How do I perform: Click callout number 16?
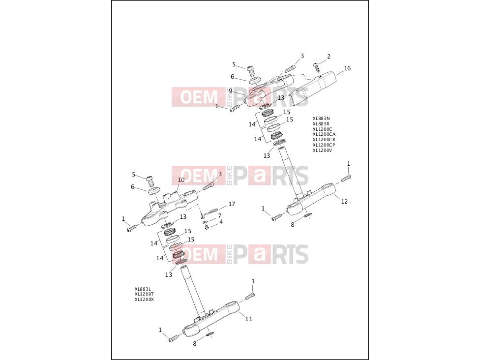point(347,68)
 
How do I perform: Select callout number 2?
point(329,57)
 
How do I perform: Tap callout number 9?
point(231,91)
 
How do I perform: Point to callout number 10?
point(181,180)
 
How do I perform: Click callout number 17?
point(232,204)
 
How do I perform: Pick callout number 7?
point(219,216)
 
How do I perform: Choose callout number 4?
point(221,222)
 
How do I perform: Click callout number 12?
point(344,202)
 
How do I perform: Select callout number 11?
point(249,319)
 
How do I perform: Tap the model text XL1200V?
point(322,150)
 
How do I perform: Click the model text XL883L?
point(143,289)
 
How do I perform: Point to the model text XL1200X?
point(144,300)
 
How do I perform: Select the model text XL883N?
point(321,118)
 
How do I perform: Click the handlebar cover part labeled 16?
point(315,87)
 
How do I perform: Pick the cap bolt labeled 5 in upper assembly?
point(251,71)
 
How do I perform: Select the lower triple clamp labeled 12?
point(312,199)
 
